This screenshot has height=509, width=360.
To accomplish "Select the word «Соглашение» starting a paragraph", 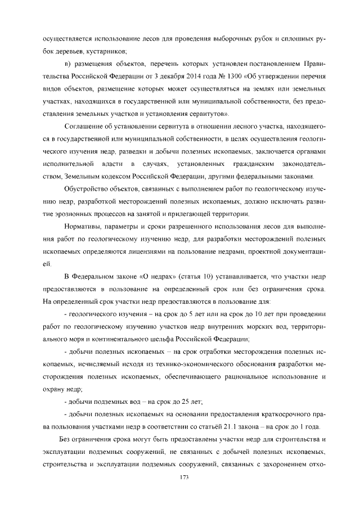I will [84, 124].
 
